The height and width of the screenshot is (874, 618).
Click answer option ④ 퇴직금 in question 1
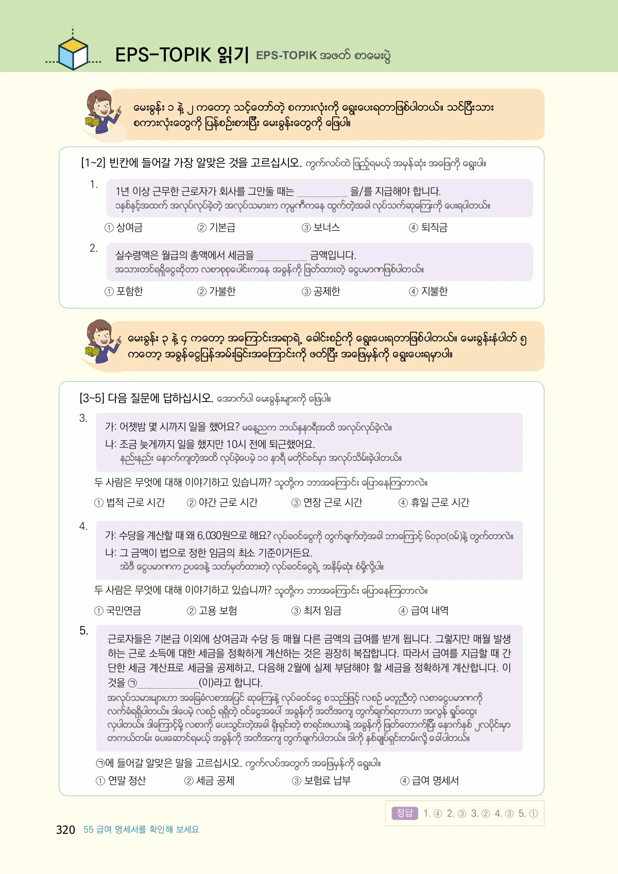coord(428,228)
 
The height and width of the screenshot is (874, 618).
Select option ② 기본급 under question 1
coord(217,228)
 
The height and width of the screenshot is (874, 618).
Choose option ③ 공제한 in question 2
coord(321,292)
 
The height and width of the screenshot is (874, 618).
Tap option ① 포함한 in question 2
coord(124,292)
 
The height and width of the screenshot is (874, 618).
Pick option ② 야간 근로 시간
coord(222,503)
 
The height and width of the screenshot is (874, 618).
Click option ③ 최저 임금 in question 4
coord(317,611)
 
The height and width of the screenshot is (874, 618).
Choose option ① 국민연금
coord(118,611)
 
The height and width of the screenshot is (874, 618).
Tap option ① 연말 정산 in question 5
coord(122,781)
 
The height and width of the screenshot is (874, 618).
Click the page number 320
coord(65,830)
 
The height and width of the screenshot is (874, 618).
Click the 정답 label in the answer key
coord(405,813)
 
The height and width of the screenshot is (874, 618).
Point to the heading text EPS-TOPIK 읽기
coord(182,55)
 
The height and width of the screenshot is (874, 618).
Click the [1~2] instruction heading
coord(191,163)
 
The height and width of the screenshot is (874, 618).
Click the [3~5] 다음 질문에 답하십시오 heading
coord(146,398)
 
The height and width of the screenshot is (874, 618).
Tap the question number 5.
coord(83,631)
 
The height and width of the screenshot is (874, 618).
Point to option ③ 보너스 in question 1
coord(321,228)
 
